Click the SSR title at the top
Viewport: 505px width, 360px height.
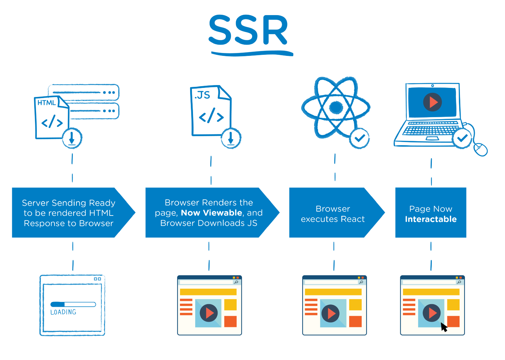pyautogui.click(x=249, y=31)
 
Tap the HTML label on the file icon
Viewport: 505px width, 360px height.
pyautogui.click(x=47, y=103)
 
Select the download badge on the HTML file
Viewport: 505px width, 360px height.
pyautogui.click(x=72, y=138)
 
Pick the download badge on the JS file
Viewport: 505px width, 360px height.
pyautogui.click(x=231, y=138)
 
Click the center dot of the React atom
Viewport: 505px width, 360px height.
pyautogui.click(x=336, y=107)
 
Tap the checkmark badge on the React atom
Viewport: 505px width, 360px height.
pyautogui.click(x=359, y=138)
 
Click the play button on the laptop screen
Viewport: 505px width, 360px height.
pyautogui.click(x=432, y=102)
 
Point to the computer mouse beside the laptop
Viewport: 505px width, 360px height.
pyautogui.click(x=480, y=149)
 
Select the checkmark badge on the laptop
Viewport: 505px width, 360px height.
pyautogui.click(x=462, y=138)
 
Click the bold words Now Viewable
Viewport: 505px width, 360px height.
pyautogui.click(x=211, y=213)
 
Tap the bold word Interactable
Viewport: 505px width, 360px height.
pyautogui.click(x=431, y=219)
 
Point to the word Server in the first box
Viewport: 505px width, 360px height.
pyautogui.click(x=35, y=203)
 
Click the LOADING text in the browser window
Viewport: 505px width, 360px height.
pyautogui.click(x=63, y=312)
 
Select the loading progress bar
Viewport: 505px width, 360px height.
pyautogui.click(x=73, y=305)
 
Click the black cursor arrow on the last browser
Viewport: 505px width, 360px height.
pyautogui.click(x=444, y=327)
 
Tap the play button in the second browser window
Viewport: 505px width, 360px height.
pyautogui.click(x=208, y=313)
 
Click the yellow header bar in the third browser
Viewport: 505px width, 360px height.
pyautogui.click(x=333, y=292)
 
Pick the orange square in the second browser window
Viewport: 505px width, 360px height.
pyautogui.click(x=230, y=321)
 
